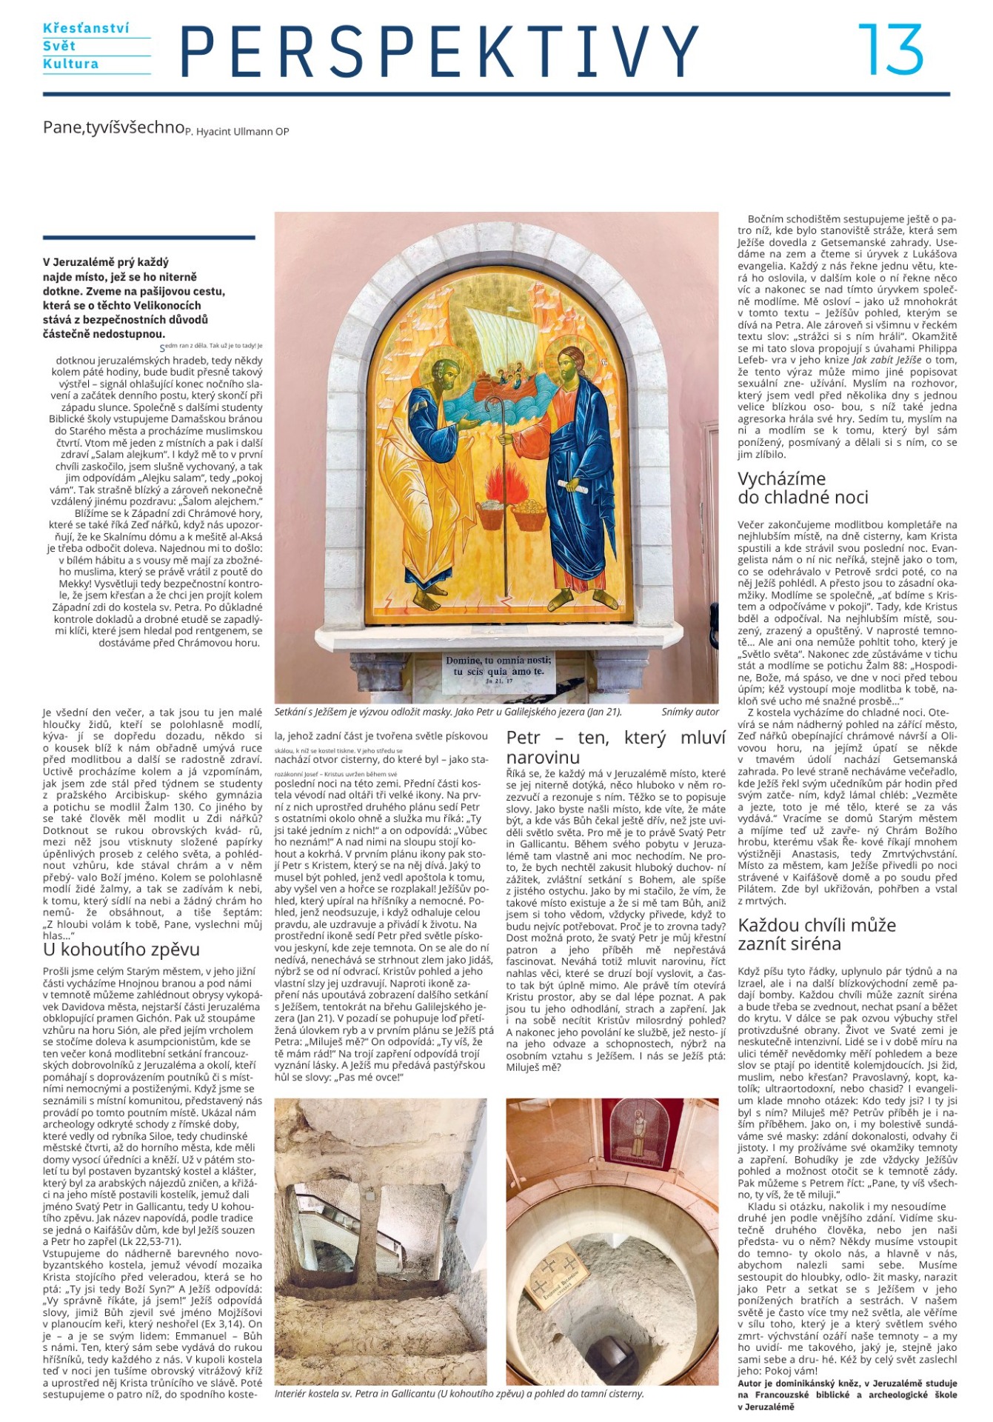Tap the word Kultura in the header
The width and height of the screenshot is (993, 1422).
click(x=70, y=64)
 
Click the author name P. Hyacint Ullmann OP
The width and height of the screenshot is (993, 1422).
click(x=237, y=132)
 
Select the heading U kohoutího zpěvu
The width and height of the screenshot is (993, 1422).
click(x=121, y=949)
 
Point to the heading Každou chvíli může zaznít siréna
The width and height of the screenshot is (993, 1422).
click(x=816, y=934)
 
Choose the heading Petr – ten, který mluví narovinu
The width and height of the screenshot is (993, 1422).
click(x=615, y=747)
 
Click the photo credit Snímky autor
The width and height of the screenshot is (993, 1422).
click(x=690, y=712)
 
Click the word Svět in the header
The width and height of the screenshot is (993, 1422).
click(x=58, y=46)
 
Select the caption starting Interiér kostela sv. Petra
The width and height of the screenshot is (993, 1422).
click(x=459, y=1393)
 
